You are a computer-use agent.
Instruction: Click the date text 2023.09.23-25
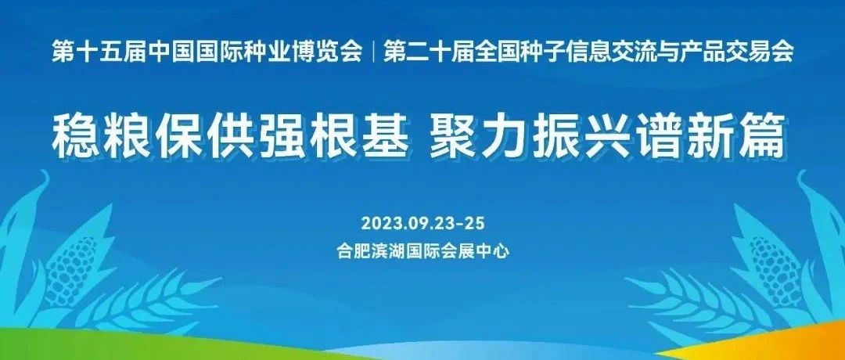click(423, 222)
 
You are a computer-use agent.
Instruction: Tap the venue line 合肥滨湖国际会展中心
click(423, 252)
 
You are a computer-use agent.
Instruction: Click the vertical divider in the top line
click(372, 53)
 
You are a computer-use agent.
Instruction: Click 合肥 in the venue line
click(354, 252)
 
